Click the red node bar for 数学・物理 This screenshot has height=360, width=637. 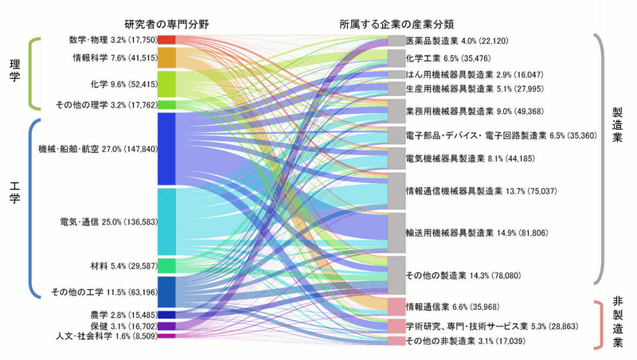click(166, 40)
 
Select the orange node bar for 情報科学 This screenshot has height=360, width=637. click(166, 57)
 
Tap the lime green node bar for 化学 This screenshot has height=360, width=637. click(166, 84)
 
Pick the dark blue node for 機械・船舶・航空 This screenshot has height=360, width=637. click(166, 149)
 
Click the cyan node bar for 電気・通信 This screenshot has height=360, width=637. click(166, 222)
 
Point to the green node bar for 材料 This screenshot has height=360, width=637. click(166, 266)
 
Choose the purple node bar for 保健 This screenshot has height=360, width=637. click(166, 327)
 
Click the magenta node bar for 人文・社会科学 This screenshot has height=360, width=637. click(166, 336)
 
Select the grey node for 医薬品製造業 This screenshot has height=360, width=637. click(397, 41)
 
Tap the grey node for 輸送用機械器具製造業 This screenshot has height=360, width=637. click(397, 233)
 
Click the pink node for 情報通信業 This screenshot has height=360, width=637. click(397, 307)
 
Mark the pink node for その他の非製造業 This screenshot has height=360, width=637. click(397, 341)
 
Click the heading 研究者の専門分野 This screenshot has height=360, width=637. click(166, 25)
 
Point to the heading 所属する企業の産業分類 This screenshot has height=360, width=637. click(397, 25)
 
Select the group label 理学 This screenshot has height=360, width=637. click(14, 70)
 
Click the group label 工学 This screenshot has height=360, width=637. click(14, 193)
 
